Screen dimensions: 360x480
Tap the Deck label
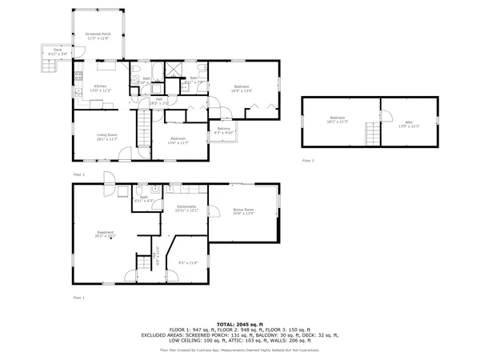point(58,51)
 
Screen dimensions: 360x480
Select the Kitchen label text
point(101,89)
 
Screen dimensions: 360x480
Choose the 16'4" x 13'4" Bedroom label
point(242,88)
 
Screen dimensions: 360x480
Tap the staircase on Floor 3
point(370,133)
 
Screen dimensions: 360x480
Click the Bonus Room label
point(243,211)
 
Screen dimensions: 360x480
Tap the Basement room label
point(106,234)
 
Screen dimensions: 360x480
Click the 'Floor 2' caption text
point(78,174)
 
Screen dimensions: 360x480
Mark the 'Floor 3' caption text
point(308,161)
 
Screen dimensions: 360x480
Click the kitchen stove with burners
point(78,78)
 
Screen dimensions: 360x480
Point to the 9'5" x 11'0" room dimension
point(187,263)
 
